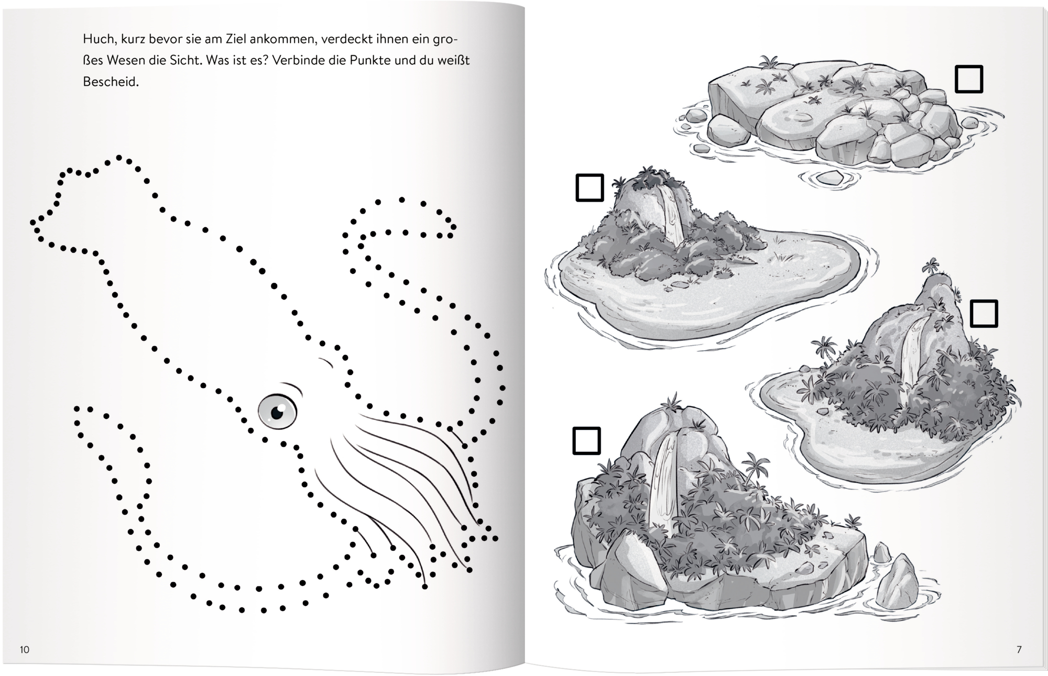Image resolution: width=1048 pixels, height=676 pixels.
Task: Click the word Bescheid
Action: (110, 82)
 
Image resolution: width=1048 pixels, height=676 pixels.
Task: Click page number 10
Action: (25, 650)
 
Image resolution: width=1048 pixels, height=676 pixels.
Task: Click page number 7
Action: (1019, 650)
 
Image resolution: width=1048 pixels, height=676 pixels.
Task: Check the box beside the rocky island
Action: (969, 79)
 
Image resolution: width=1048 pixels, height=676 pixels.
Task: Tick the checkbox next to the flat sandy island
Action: (589, 187)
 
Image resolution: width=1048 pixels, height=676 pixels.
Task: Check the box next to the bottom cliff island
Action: (586, 441)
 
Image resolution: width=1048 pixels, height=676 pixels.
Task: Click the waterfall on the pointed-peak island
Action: (912, 351)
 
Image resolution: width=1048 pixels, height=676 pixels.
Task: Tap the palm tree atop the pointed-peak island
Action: (931, 265)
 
